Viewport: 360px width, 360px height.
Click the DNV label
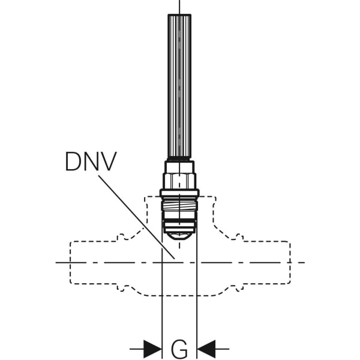pyautogui.click(x=91, y=161)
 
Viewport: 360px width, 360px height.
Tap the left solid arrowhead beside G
pyautogui.click(x=152, y=349)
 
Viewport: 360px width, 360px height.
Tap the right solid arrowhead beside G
pyautogui.click(x=206, y=349)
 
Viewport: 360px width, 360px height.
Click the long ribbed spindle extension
pyautogui.click(x=179, y=87)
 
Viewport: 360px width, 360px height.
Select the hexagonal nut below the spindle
pyautogui.click(x=179, y=181)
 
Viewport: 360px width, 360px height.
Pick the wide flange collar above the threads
pyautogui.click(x=179, y=193)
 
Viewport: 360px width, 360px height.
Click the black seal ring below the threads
pyautogui.click(x=179, y=221)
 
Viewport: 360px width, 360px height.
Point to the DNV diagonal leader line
pyautogui.click(x=137, y=217)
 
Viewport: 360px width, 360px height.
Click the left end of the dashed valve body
pyautogui.click(x=70, y=262)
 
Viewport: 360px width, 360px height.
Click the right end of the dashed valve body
pyautogui.click(x=290, y=262)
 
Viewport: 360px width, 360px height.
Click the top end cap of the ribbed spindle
pyautogui.click(x=179, y=15)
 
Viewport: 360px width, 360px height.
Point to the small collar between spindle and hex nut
pyautogui.click(x=179, y=167)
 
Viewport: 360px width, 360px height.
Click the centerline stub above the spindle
pyautogui.click(x=179, y=7)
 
